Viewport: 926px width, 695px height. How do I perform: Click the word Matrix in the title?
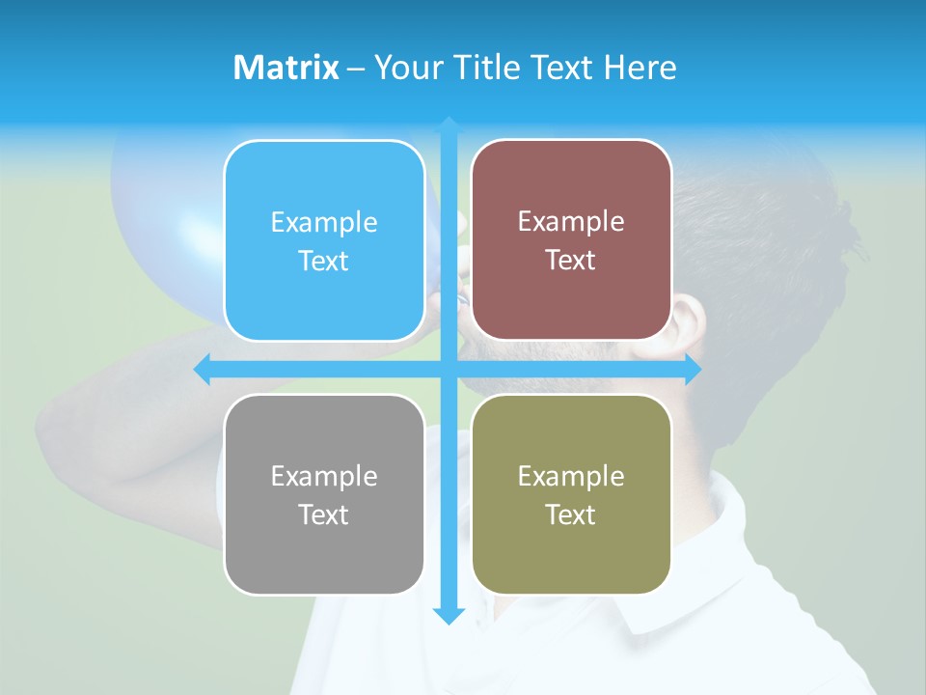tap(286, 68)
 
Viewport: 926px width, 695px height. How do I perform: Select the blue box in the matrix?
tap(324, 241)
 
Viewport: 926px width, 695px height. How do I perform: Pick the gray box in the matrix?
tap(324, 494)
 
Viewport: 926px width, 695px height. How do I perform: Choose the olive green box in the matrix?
tap(571, 494)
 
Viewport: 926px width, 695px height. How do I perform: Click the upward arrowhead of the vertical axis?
tap(449, 125)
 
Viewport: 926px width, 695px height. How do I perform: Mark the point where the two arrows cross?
tap(449, 369)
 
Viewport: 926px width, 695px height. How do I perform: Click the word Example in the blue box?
tap(324, 223)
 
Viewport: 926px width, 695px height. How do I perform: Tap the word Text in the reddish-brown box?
tap(571, 261)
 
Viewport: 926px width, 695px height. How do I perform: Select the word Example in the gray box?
tap(324, 477)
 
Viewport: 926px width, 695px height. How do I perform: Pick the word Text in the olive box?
tap(571, 515)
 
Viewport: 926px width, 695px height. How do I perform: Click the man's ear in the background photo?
tap(686, 323)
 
